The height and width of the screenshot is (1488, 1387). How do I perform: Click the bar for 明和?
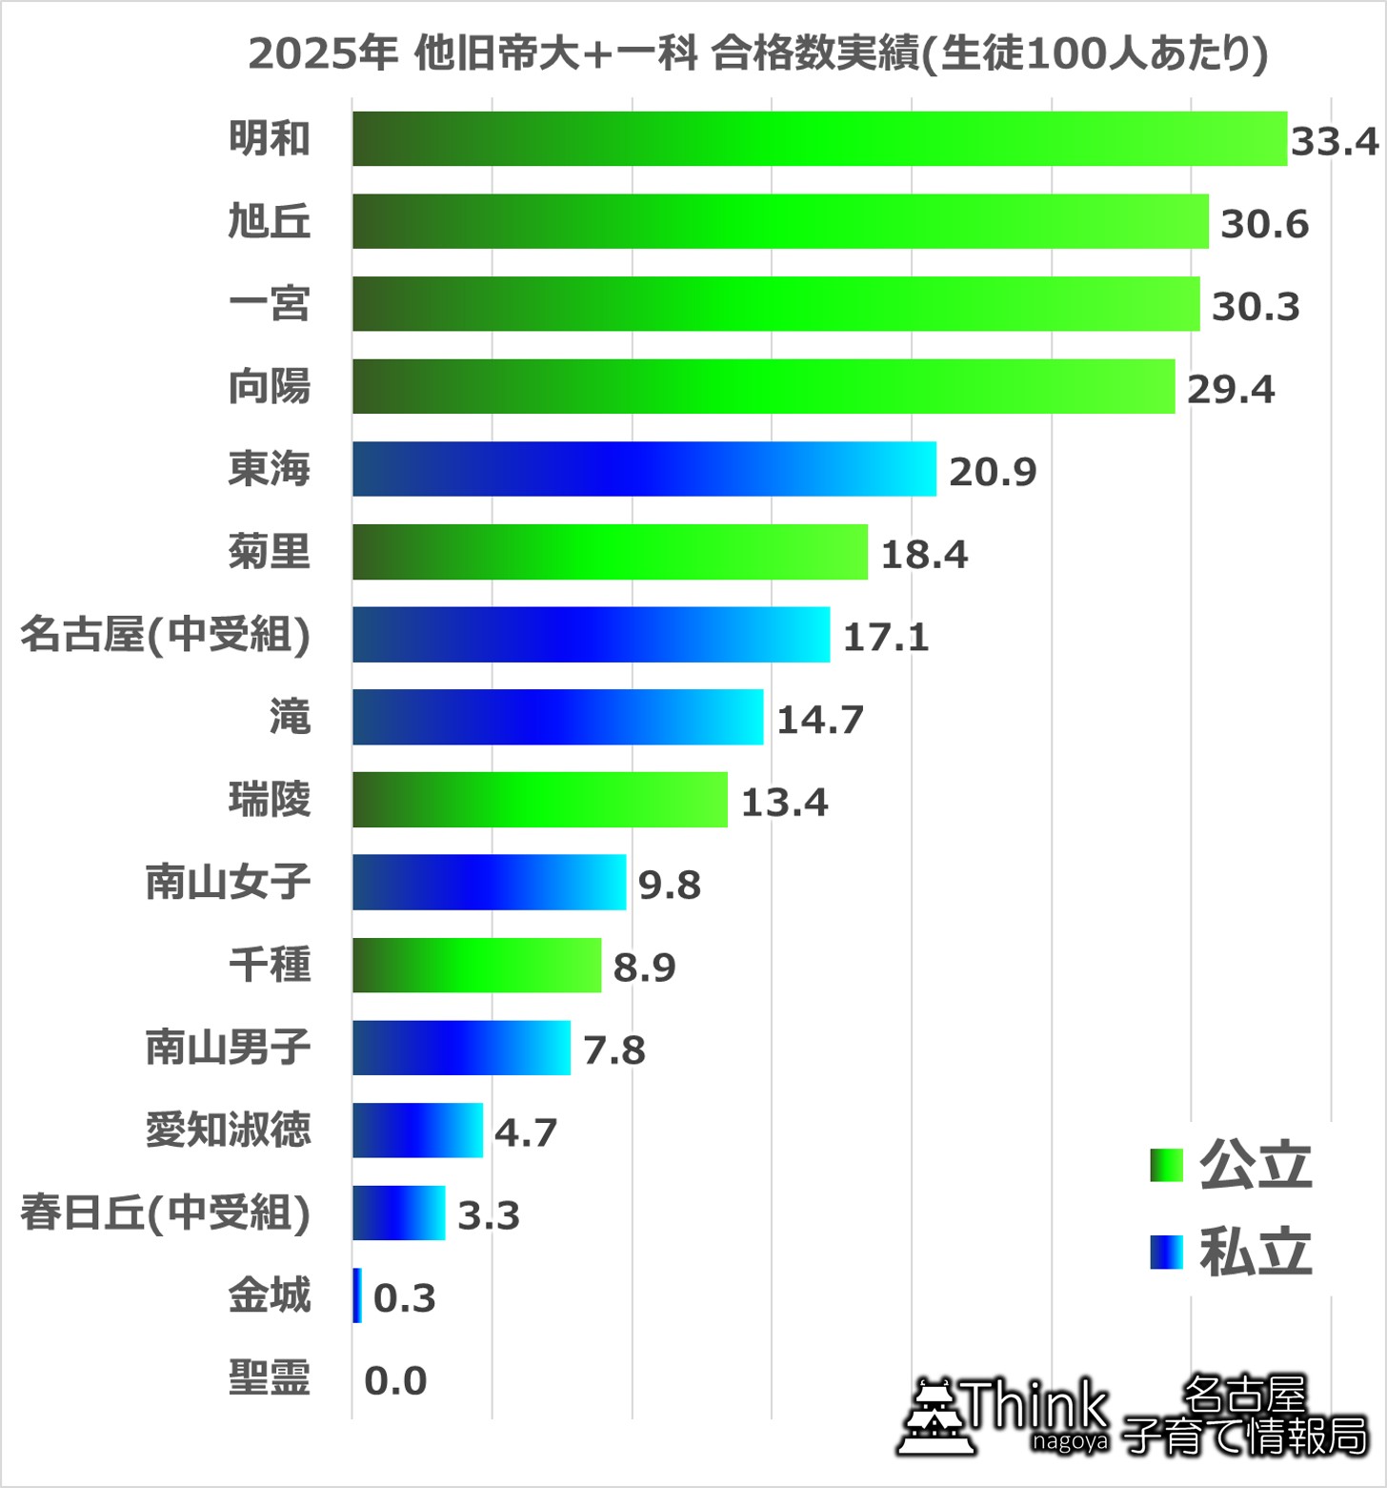tap(819, 139)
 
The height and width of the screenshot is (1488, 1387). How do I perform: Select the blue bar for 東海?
tap(644, 469)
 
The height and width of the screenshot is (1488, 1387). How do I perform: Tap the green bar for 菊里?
tap(610, 552)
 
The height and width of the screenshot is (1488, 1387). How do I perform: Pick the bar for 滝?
tap(557, 717)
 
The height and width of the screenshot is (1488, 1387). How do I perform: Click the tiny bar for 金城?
tap(357, 1295)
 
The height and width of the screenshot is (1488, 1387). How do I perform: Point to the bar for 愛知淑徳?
tap(417, 1131)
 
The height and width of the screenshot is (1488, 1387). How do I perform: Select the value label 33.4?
tap(1335, 142)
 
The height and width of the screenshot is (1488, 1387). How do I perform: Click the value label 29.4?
tap(1230, 390)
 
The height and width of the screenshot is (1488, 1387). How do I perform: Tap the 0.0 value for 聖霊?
tap(395, 1380)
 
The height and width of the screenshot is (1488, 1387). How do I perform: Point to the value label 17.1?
tap(886, 637)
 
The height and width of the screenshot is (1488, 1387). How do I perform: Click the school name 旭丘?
tap(270, 222)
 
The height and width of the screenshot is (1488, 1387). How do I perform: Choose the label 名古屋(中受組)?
tap(166, 635)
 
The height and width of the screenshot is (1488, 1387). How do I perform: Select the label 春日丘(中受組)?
tap(166, 1213)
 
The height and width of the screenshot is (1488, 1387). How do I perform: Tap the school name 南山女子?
tap(228, 883)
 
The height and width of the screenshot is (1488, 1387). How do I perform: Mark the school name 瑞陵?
tap(270, 800)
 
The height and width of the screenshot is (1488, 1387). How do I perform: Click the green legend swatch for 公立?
tap(1166, 1165)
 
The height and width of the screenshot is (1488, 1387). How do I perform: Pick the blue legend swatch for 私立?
tap(1166, 1252)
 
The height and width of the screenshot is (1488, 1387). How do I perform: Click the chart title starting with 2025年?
tap(757, 53)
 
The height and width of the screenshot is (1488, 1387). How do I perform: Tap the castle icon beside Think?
tap(936, 1417)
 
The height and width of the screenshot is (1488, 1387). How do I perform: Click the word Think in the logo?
tap(1036, 1405)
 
